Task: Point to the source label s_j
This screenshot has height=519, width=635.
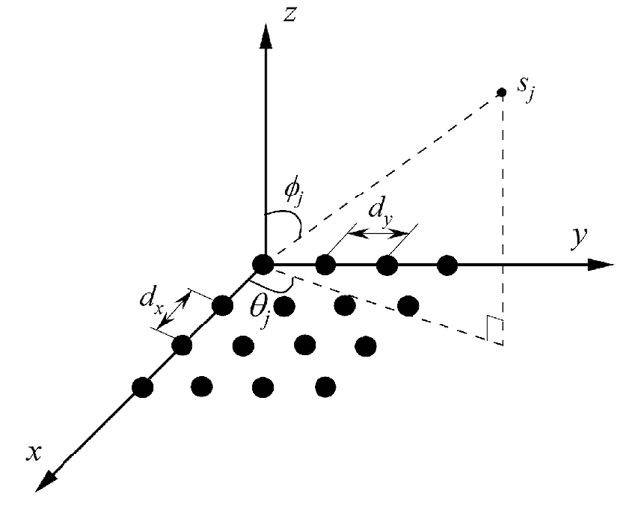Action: pos(527,96)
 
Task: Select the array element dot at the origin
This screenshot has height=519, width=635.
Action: pos(263,264)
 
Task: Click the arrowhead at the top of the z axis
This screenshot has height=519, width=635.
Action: pos(263,30)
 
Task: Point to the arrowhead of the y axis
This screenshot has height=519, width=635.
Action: pos(601,265)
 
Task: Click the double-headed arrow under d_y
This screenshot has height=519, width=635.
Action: pos(380,235)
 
